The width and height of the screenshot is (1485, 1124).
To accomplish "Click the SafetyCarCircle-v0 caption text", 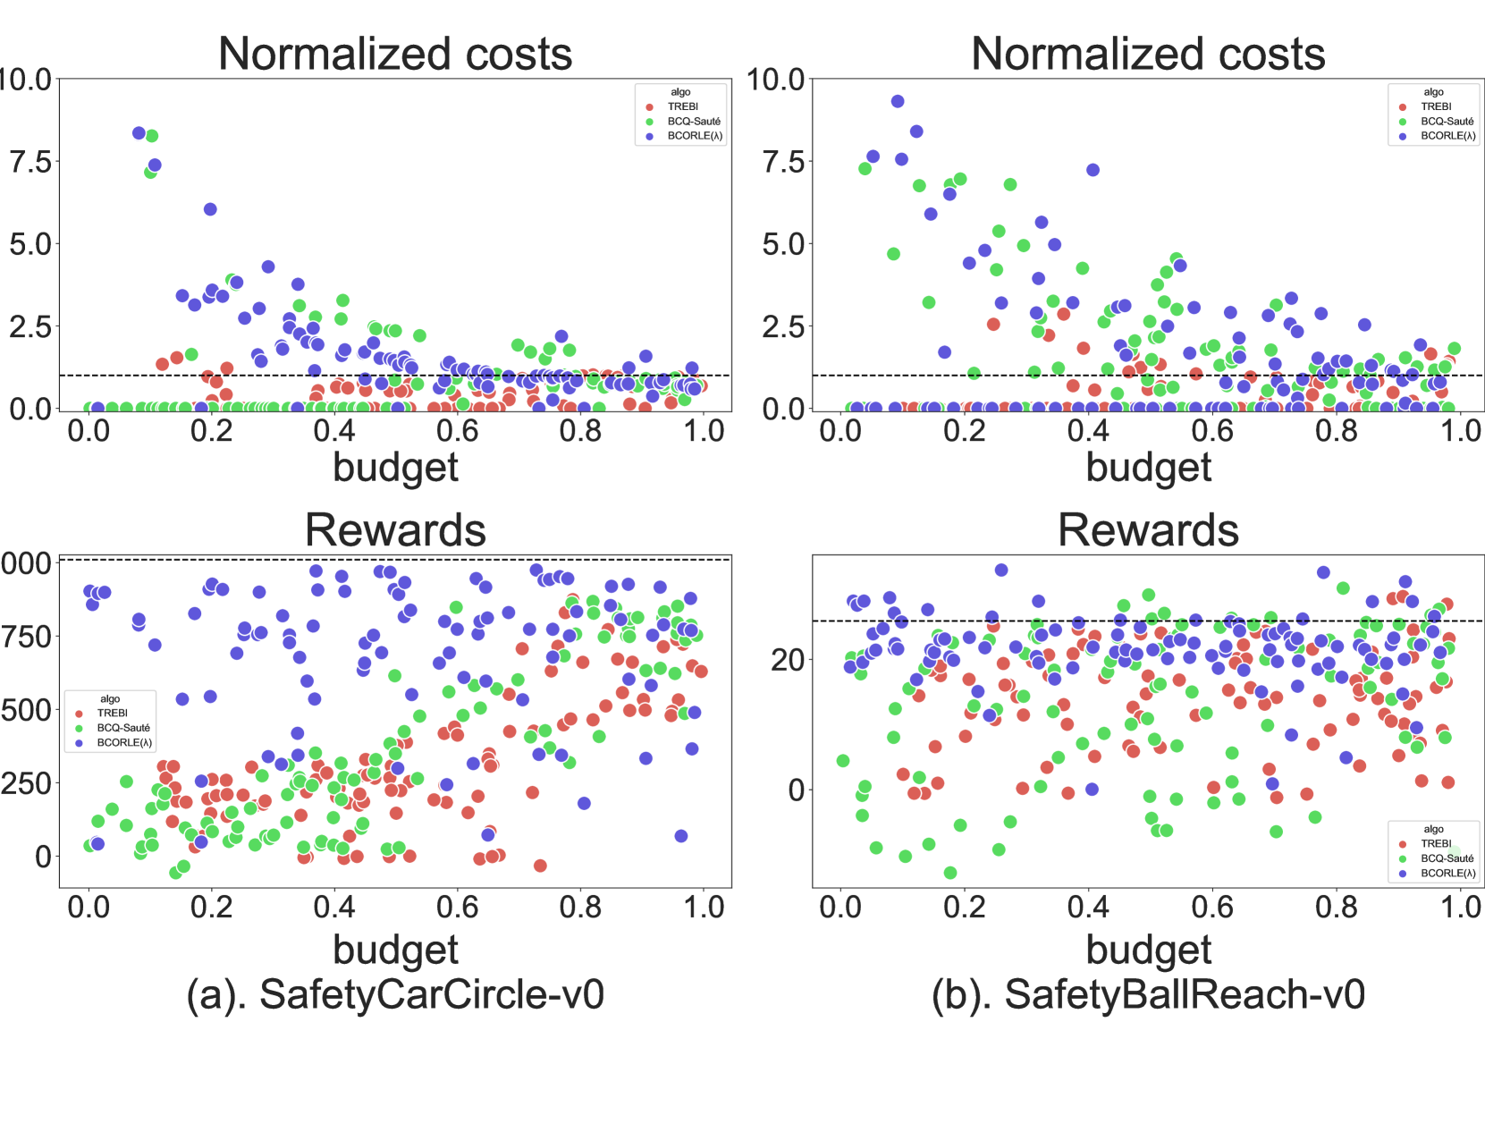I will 395,994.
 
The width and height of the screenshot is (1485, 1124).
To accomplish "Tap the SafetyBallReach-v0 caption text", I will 1148,994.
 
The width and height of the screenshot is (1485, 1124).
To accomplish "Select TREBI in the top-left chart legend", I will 682,106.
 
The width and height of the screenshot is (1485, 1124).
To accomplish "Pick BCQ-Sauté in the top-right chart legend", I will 1447,121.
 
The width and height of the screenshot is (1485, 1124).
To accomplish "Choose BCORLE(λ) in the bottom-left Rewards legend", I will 124,742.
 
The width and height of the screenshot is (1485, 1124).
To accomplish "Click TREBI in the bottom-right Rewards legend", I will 1436,843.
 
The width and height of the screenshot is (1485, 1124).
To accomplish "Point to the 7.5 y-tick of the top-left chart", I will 30,162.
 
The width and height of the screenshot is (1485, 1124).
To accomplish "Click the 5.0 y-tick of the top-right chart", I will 783,244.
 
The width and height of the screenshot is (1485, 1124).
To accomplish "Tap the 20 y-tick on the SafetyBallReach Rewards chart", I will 787,660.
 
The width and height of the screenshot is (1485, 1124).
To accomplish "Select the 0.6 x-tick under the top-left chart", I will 457,431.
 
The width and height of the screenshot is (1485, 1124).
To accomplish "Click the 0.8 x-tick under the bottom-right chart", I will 1337,907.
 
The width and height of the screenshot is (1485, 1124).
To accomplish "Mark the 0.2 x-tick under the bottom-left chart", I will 212,907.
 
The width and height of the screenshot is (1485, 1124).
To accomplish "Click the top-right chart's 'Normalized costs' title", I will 1148,54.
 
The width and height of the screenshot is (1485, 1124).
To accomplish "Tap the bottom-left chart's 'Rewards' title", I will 395,530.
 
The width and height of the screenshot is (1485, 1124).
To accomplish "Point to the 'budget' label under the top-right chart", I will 1148,468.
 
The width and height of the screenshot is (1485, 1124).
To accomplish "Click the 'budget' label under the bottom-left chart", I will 395,950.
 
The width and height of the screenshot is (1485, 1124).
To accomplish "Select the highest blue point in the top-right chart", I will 898,101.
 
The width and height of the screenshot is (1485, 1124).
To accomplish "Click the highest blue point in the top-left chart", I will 139,133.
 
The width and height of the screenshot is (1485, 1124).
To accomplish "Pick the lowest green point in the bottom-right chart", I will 950,873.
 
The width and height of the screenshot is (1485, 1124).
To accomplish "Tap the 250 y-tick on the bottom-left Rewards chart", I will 27,783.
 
